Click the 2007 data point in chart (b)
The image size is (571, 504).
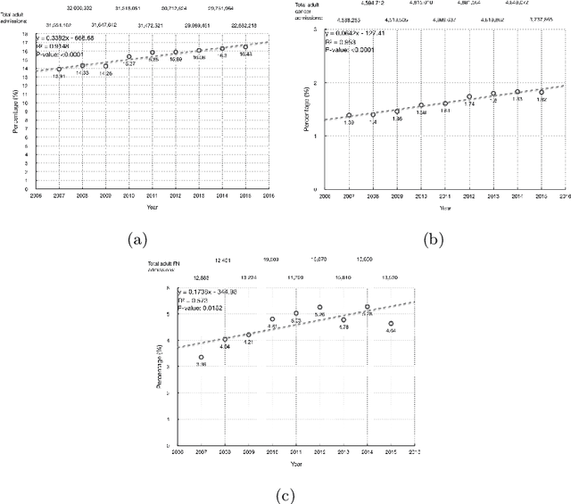point(349,116)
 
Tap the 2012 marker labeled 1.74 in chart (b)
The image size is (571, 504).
point(469,96)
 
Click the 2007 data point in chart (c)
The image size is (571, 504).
point(201,358)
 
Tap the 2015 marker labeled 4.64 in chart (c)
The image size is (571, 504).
point(391,324)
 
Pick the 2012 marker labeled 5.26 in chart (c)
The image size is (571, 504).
point(319,308)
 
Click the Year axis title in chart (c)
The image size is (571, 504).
point(294,465)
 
